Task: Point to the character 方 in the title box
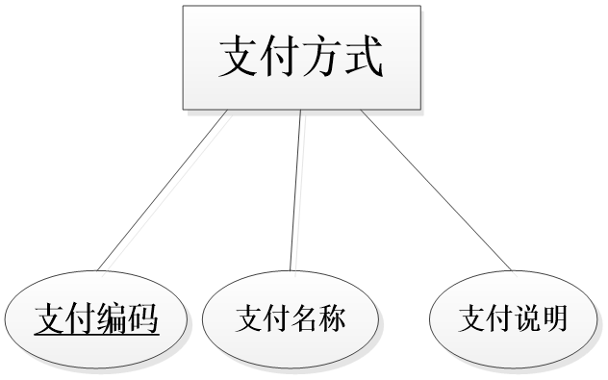pyautogui.click(x=323, y=58)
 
